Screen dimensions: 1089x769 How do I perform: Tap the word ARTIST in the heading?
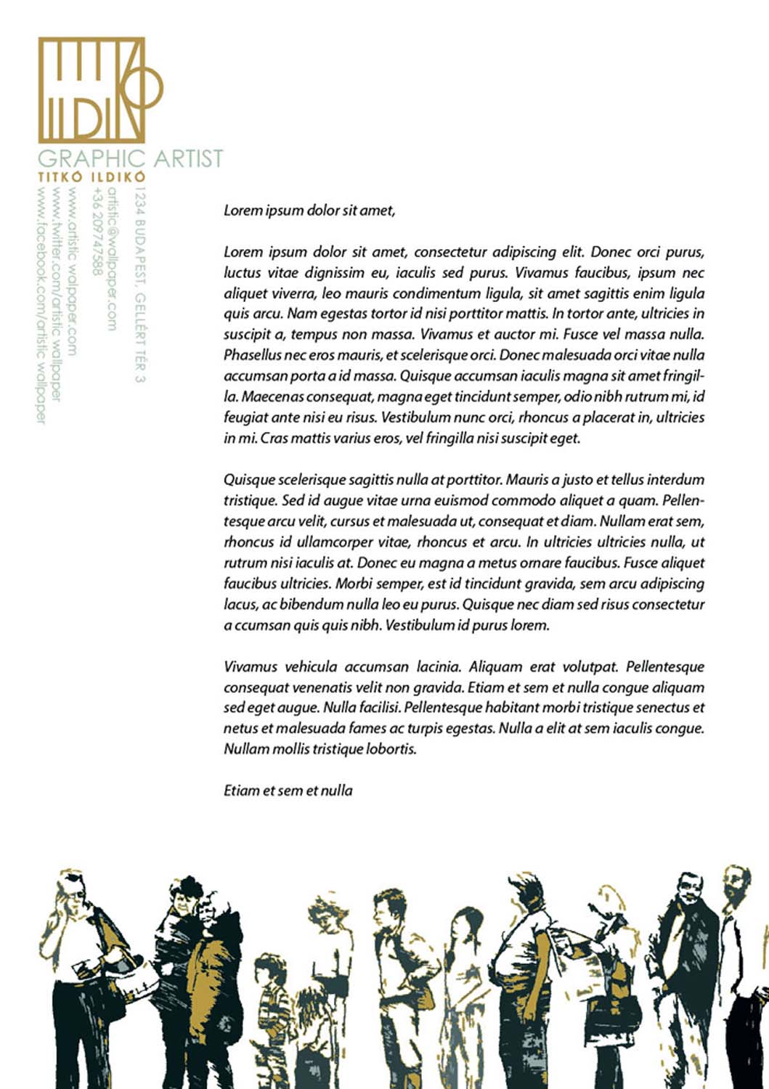click(x=188, y=158)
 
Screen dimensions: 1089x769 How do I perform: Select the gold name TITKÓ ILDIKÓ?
click(x=91, y=176)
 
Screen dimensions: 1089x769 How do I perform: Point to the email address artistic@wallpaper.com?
click(x=112, y=258)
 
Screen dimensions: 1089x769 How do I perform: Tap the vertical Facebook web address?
click(x=41, y=305)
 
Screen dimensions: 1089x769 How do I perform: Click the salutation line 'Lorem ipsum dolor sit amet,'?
click(x=309, y=211)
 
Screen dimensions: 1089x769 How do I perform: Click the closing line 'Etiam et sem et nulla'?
click(x=288, y=791)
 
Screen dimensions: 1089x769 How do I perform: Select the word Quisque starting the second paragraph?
click(x=249, y=480)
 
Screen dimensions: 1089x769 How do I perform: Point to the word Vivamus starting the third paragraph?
click(x=250, y=666)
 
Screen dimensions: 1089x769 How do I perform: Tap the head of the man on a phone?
click(x=71, y=892)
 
